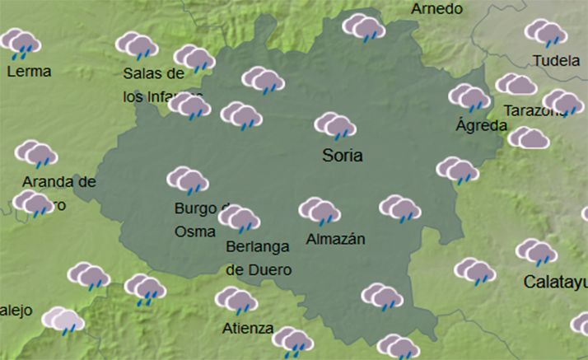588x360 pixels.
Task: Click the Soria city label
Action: tap(343, 155)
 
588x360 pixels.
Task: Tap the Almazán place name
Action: tap(334, 239)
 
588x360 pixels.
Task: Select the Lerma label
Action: tap(28, 72)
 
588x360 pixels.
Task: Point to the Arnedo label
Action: tap(436, 9)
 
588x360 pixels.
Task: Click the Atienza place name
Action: tap(248, 328)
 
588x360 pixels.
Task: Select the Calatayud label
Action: tap(555, 283)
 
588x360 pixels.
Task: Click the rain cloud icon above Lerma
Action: tap(21, 42)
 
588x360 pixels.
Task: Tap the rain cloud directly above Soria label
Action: tap(335, 126)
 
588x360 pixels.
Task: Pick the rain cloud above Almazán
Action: tap(320, 212)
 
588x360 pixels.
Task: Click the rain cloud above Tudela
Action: tap(546, 34)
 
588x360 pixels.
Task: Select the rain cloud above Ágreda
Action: tap(469, 98)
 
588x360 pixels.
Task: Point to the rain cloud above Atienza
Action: tap(236, 301)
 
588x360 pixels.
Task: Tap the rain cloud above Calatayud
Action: tap(537, 252)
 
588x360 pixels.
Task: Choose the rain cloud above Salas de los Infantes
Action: tap(137, 45)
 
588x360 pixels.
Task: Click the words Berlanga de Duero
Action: tap(259, 258)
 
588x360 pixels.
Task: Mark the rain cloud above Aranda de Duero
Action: tap(37, 154)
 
